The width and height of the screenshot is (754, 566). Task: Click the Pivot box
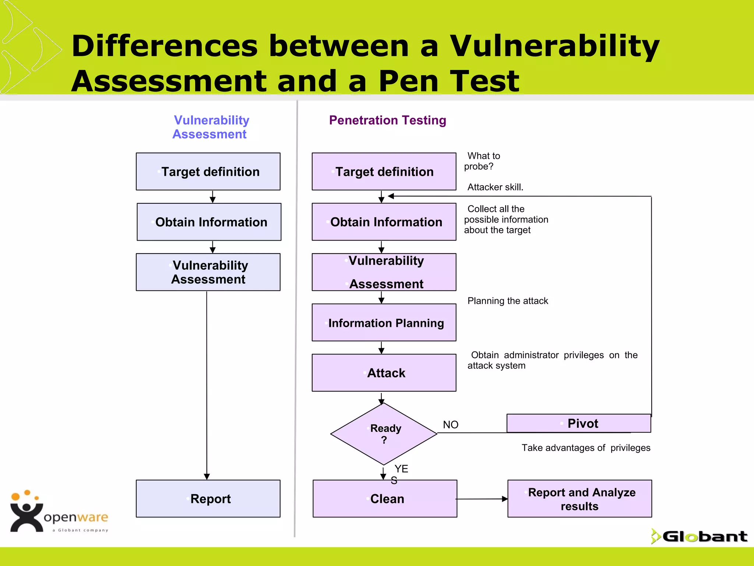click(578, 423)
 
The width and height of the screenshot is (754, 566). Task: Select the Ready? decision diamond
click(384, 434)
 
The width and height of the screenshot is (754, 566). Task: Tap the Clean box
click(385, 498)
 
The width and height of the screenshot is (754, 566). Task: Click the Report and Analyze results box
click(579, 499)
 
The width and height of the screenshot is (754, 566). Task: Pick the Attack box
click(384, 373)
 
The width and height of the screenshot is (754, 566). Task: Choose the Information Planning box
click(384, 322)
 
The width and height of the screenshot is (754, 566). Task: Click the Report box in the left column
click(208, 498)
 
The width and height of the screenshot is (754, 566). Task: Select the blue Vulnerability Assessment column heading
click(211, 127)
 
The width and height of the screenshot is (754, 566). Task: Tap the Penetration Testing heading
click(387, 120)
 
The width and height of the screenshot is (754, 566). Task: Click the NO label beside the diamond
click(450, 424)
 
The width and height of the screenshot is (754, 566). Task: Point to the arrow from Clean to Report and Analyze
click(482, 499)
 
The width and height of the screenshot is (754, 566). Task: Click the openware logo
click(59, 512)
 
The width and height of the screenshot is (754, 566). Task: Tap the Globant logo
click(700, 536)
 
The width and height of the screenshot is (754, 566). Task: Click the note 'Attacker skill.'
click(495, 187)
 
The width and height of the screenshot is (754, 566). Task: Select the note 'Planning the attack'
click(507, 301)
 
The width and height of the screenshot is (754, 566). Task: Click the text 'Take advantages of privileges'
click(585, 448)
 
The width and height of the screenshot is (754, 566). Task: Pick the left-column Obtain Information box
click(209, 222)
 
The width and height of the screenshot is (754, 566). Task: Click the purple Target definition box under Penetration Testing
click(384, 171)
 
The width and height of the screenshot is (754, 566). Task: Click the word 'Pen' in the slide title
click(408, 81)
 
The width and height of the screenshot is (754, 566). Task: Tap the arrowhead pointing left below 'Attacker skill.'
click(391, 196)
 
